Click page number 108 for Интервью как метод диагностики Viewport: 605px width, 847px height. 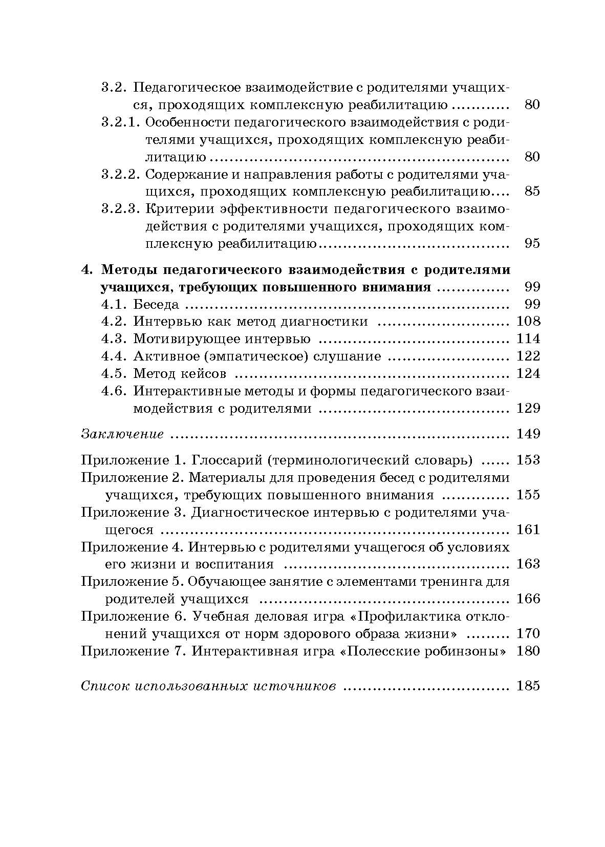click(528, 321)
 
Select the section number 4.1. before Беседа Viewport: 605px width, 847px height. click(114, 304)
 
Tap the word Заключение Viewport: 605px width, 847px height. click(122, 434)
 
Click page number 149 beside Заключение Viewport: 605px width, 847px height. click(528, 434)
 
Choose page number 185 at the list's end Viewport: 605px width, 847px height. click(528, 686)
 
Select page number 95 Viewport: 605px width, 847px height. click(532, 243)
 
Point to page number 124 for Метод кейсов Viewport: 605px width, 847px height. click(528, 373)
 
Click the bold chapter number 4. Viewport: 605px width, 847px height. click(88, 269)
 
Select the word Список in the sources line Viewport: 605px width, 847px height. click(105, 686)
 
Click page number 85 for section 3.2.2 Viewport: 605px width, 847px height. click(532, 192)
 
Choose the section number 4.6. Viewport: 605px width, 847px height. click(114, 391)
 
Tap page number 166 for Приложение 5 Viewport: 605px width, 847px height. click(528, 599)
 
